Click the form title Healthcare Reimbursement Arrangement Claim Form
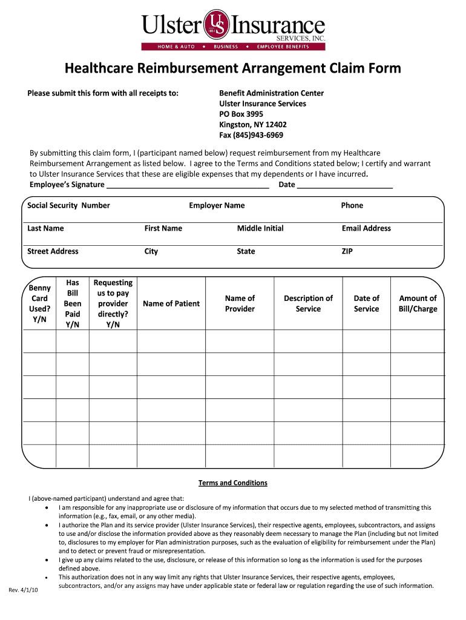coord(233,68)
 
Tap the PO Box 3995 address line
coord(241,114)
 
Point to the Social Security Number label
coord(68,205)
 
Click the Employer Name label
coord(217,205)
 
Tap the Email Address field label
coord(366,228)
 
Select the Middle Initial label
coord(260,228)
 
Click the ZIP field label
coord(347,251)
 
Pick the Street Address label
coord(53,251)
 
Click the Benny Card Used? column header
coord(39,303)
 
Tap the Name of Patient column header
coord(171,303)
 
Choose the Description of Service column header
coord(308,303)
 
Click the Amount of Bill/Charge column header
coord(418,303)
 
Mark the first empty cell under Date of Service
coord(366,341)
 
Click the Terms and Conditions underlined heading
coord(233,483)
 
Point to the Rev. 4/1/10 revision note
coord(24,590)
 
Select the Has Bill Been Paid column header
coord(73,303)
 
